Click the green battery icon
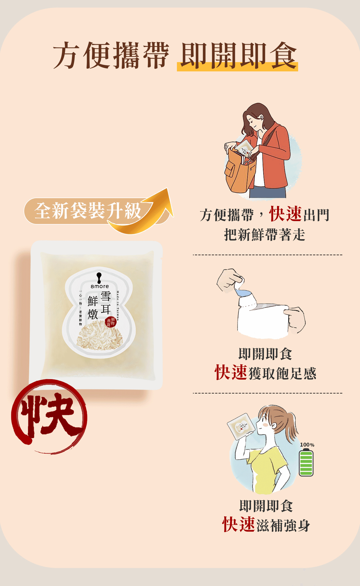tap(306, 463)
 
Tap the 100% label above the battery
tap(307, 445)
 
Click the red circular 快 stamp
tap(49, 416)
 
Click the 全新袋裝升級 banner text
tap(88, 211)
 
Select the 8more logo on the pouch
tap(99, 281)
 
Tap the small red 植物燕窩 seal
tap(111, 322)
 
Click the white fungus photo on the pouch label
tap(100, 336)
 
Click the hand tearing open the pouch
tap(229, 280)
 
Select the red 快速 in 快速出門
tap(285, 214)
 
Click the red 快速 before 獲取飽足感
tap(231, 373)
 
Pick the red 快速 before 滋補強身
tap(238, 524)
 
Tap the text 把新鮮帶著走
tap(264, 235)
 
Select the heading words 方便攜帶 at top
tap(111, 56)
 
